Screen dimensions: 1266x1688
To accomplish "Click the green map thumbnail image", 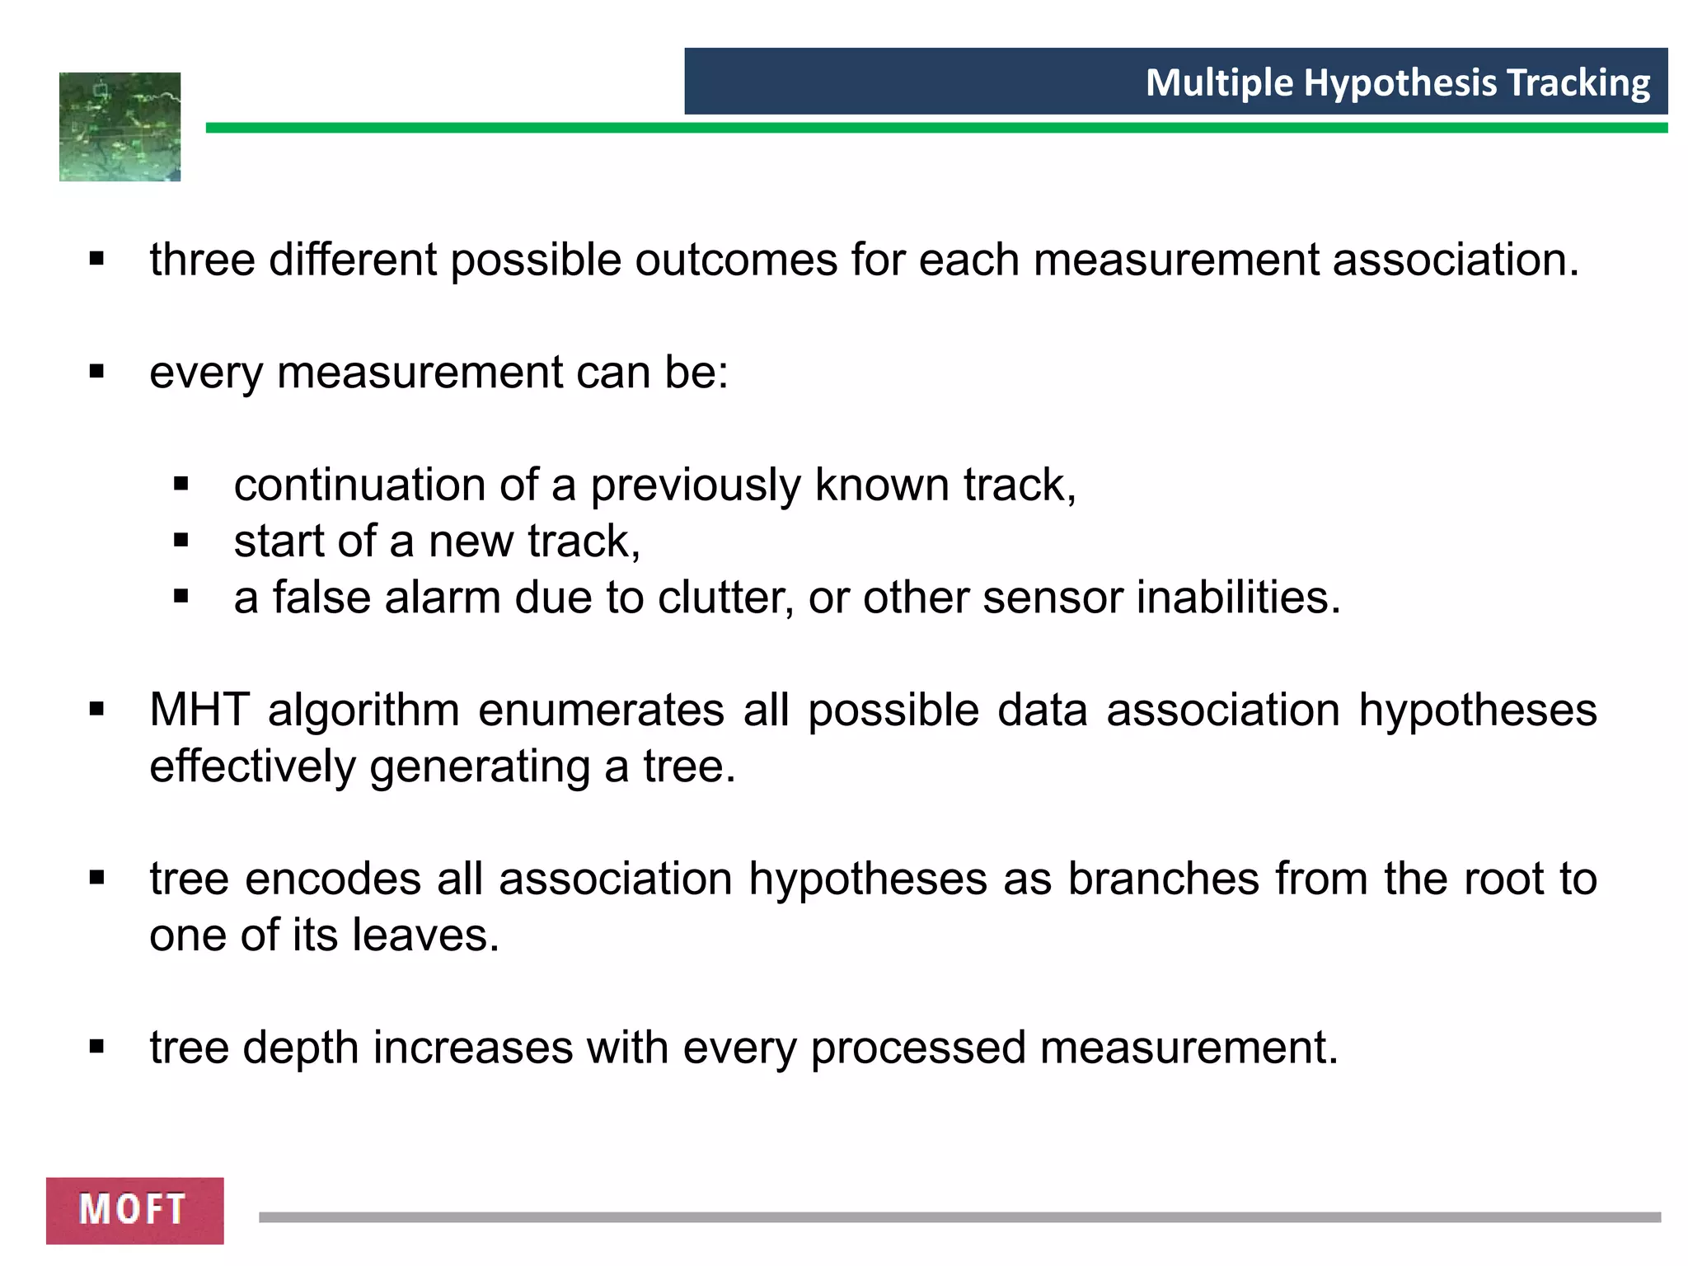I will (x=120, y=127).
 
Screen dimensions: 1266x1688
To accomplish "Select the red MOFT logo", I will (x=134, y=1210).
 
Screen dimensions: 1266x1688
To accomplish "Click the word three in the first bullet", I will (x=202, y=260).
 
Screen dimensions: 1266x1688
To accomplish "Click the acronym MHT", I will (x=199, y=710).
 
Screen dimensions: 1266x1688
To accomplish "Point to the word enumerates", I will (x=601, y=710).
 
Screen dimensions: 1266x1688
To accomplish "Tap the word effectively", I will (x=252, y=767).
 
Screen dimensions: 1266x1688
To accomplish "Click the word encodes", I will (x=333, y=879).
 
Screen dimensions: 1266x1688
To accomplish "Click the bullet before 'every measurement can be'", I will (x=97, y=373).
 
